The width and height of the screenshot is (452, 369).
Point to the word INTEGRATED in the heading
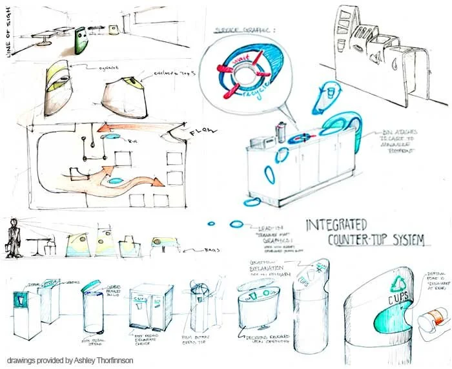pyautogui.click(x=335, y=226)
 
